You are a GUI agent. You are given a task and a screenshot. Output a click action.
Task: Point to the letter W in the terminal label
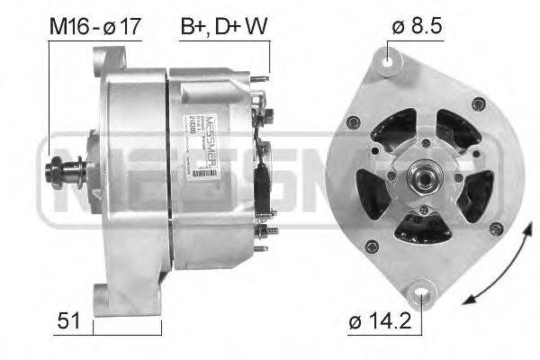click(257, 27)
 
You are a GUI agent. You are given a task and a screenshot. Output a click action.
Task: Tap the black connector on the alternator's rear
click(263, 184)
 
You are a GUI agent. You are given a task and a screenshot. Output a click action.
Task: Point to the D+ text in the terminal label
click(227, 27)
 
